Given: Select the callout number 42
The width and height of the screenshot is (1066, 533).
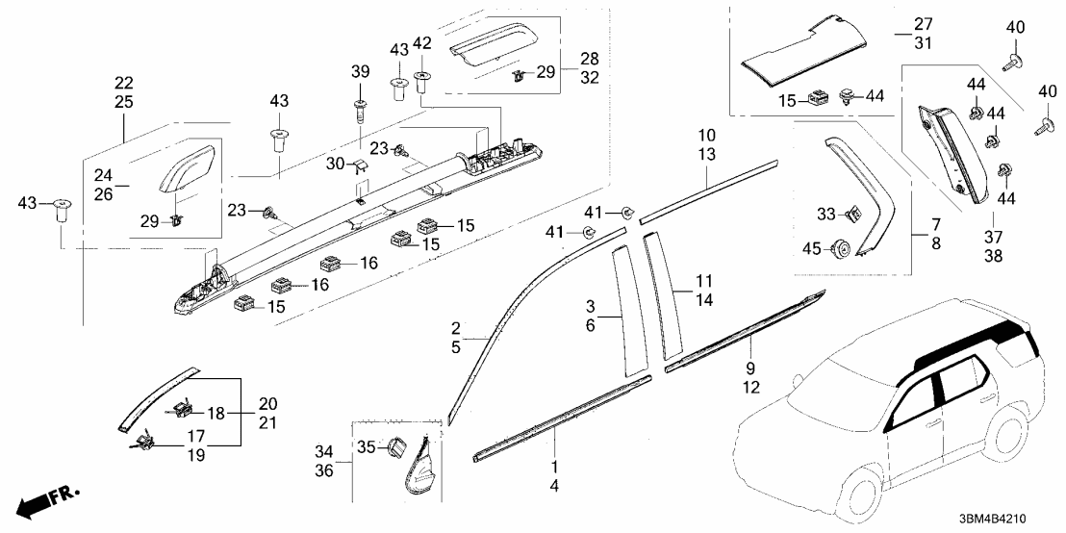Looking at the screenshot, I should [x=422, y=43].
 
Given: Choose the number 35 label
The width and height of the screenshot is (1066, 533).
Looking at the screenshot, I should [x=366, y=446].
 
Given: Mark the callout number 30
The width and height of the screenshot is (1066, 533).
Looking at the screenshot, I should [x=334, y=165].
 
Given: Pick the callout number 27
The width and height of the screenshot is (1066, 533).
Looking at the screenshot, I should [x=924, y=24].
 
